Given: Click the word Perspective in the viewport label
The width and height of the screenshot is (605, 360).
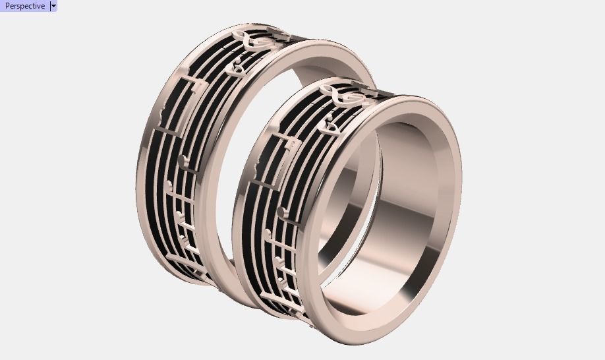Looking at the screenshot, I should (x=25, y=6).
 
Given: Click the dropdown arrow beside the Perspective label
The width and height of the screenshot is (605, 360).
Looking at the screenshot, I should (x=53, y=6).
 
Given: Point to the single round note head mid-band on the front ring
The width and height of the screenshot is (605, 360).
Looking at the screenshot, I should (x=284, y=211).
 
